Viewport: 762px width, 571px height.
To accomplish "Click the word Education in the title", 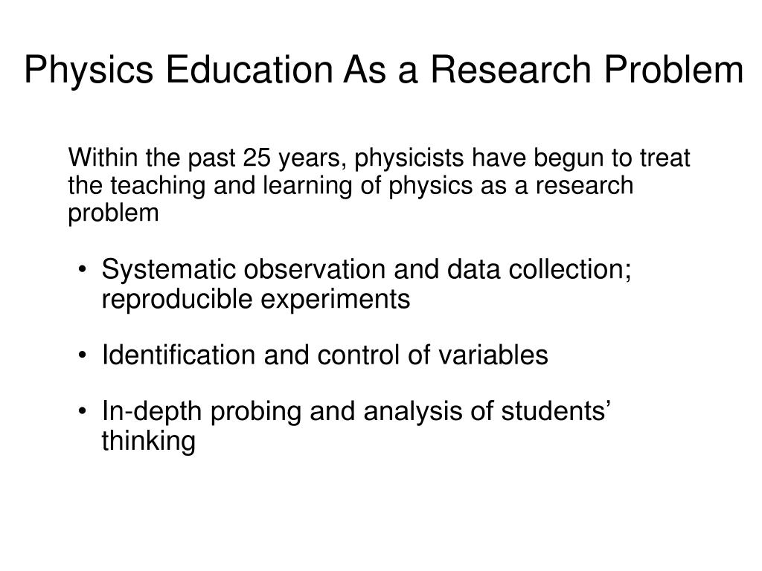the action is point(249,69).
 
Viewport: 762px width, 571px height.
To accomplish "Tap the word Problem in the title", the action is point(673,69).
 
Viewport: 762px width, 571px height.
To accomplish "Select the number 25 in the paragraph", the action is point(257,158).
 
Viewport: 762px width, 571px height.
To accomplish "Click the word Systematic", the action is point(168,269).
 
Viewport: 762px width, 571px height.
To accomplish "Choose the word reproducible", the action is point(177,300).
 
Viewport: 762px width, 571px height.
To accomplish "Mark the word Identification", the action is point(179,355).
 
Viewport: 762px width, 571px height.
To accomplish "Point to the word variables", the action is point(493,355).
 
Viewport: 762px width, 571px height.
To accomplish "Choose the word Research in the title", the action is point(510,69).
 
